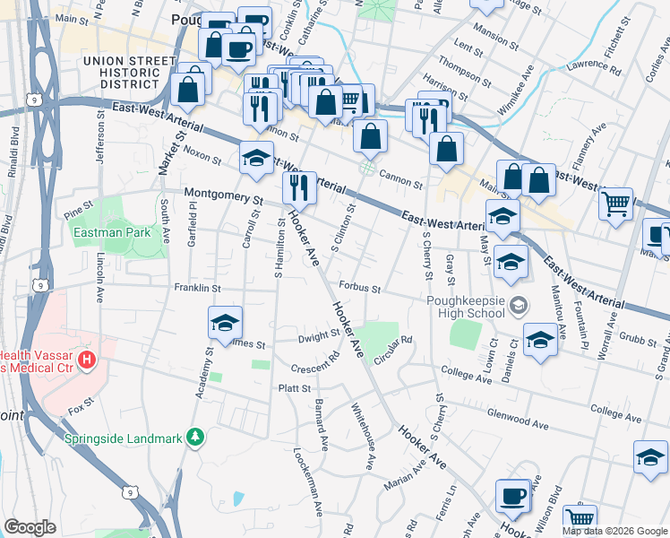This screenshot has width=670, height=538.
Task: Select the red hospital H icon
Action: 87,360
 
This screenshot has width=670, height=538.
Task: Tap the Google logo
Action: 30,527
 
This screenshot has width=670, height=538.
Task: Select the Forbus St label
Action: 360,289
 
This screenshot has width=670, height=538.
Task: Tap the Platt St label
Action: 294,388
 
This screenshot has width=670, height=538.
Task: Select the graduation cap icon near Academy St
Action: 225,325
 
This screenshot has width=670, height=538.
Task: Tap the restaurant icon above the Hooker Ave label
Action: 299,188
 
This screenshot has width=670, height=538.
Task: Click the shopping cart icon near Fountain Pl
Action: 616,205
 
